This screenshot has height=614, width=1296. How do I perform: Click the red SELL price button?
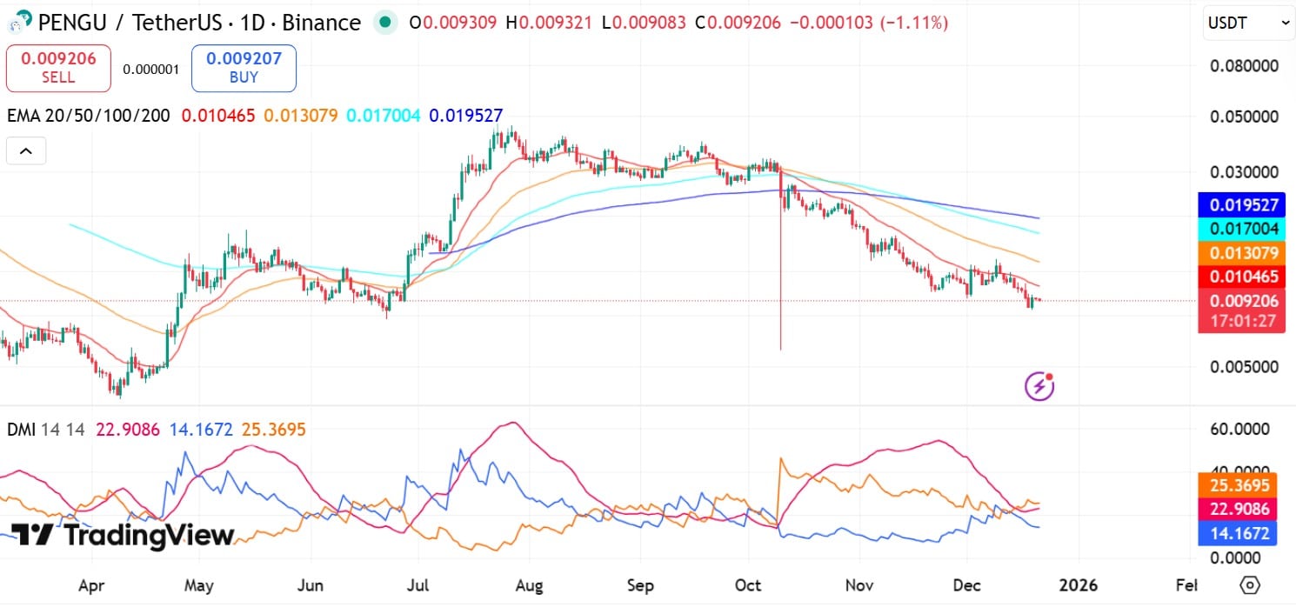point(58,68)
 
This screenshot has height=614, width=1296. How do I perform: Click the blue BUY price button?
point(244,68)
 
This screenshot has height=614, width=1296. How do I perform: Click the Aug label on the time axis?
point(529,585)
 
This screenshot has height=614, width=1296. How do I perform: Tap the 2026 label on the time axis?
point(1079,585)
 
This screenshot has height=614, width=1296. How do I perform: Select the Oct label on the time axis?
point(748,585)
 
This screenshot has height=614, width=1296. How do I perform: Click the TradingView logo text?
point(123,535)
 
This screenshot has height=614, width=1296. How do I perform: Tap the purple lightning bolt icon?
point(1039,384)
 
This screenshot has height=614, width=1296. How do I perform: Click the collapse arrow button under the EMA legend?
point(26,151)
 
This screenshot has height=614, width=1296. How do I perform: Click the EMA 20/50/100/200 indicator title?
point(89,115)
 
